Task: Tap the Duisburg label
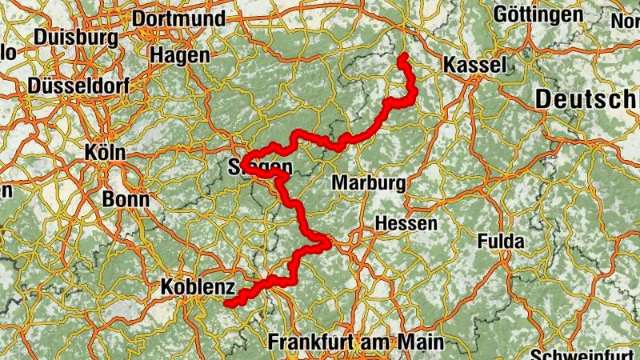[x=76, y=38]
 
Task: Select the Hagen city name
[x=180, y=55]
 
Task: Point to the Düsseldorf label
[x=78, y=86]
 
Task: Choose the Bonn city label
[x=126, y=198]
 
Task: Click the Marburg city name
[x=369, y=183]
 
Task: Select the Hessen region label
[x=406, y=223]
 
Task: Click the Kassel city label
[x=475, y=65]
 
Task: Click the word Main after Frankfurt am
[x=421, y=342]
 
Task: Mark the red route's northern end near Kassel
[x=402, y=56]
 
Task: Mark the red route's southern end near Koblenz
[x=227, y=304]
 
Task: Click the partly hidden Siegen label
[x=261, y=167]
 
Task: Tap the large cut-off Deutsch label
[x=587, y=100]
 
